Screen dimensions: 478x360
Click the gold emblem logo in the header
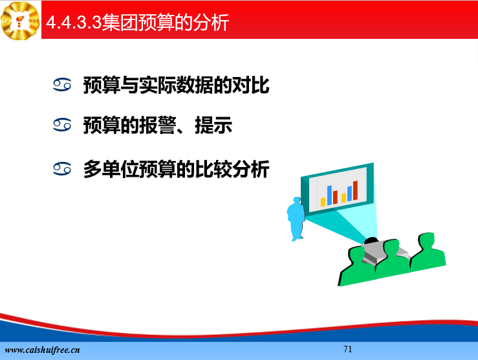coord(20,21)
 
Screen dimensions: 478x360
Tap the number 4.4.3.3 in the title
coord(74,22)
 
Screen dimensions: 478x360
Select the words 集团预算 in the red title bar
coord(138,22)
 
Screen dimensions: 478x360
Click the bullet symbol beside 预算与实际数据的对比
coord(62,85)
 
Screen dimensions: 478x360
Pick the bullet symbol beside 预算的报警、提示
coord(62,125)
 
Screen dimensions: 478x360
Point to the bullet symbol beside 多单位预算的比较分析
coord(62,169)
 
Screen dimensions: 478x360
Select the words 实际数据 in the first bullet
coord(176,85)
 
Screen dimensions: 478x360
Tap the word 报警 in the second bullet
coord(158,126)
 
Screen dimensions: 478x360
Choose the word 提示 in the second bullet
coord(213,126)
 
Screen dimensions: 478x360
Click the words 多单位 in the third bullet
coord(111,169)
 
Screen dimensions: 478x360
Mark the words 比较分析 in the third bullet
coord(232,169)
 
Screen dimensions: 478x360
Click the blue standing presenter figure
coord(296,219)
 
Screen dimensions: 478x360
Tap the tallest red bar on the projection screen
coord(355,190)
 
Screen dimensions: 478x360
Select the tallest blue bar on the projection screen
coord(329,196)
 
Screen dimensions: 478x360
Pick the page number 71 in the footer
coord(347,349)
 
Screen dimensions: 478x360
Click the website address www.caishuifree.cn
coord(43,350)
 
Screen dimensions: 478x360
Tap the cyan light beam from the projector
coord(342,224)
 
